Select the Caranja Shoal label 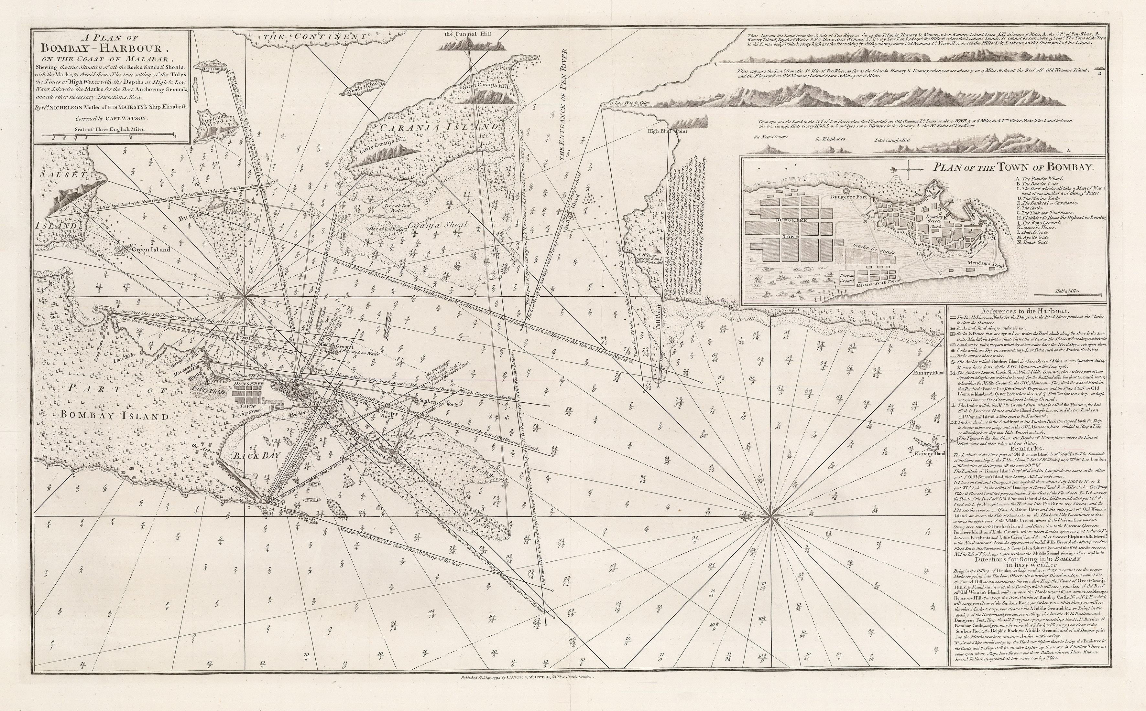coord(438,225)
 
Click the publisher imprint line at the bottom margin coord(361,678)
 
